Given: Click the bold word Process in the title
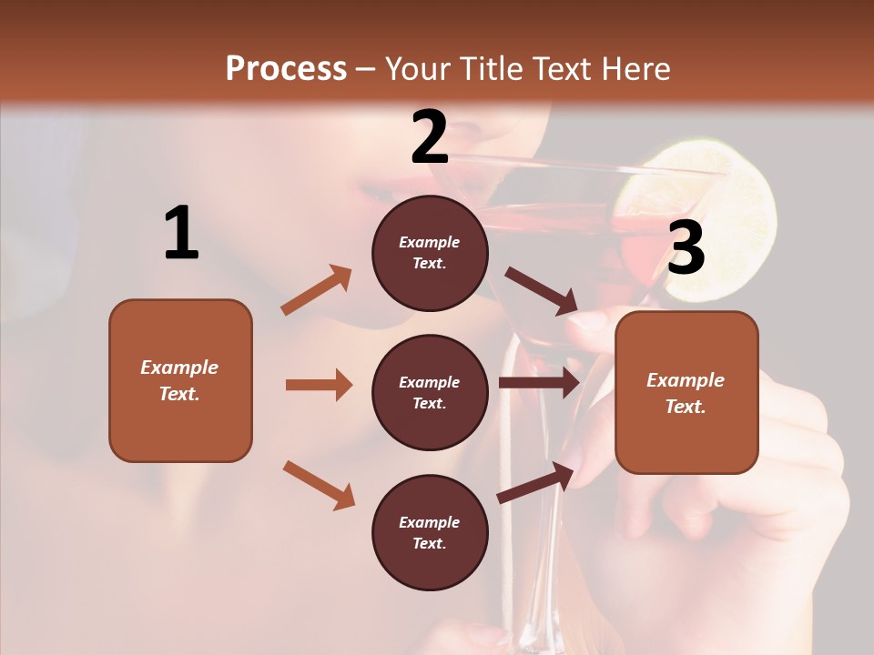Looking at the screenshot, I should [286, 68].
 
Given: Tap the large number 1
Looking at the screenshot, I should [181, 234].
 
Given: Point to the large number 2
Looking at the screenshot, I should [430, 137].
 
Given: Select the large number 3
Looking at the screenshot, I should [686, 248].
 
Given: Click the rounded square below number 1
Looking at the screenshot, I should [180, 380].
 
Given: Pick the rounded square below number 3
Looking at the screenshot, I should [686, 392].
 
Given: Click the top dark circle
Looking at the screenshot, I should [430, 253].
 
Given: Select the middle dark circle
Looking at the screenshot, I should [430, 392].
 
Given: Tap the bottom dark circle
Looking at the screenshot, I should [430, 532].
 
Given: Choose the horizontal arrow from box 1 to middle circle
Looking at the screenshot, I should [319, 385].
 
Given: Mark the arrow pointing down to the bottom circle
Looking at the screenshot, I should [319, 484].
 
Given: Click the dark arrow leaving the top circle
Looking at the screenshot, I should [542, 291].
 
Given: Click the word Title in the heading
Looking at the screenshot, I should [492, 68].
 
